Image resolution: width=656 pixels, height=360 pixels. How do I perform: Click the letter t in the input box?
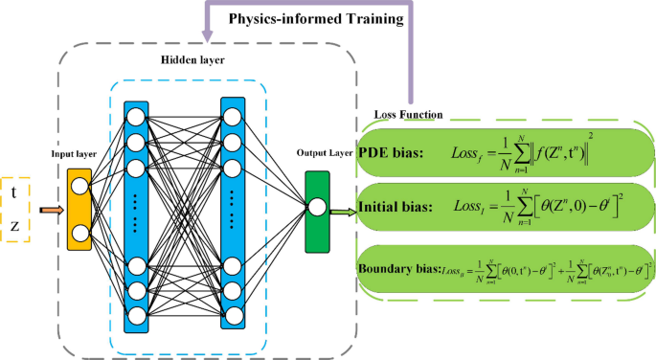tap(13, 191)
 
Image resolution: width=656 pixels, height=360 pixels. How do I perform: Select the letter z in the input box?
tap(13, 227)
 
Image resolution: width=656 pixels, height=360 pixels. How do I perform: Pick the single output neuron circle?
tap(317, 207)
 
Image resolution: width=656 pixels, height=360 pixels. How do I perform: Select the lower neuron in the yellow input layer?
tap(80, 232)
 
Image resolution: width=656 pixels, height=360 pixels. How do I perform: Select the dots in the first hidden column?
tap(136, 213)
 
